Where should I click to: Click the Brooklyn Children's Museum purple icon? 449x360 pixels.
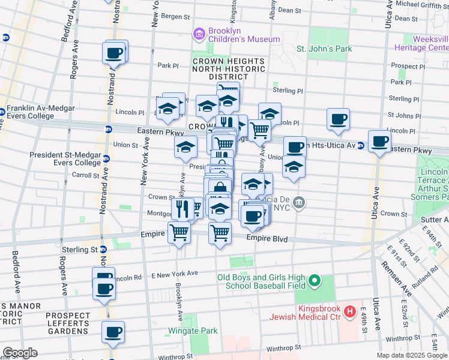tap(199, 35)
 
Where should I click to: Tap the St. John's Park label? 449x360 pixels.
tap(324, 49)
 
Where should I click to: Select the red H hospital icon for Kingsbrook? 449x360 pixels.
tap(351, 312)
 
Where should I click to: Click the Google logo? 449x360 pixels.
tap(19, 353)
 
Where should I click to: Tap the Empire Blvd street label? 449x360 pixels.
tap(267, 239)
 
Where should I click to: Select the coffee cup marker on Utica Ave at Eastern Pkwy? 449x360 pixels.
tap(379, 142)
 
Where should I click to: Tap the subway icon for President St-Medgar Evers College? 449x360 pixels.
tap(106, 159)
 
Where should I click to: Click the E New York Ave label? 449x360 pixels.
tap(175, 274)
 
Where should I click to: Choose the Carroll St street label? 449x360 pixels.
tap(85, 175)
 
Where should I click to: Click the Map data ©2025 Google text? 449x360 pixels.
tap(411, 355)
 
